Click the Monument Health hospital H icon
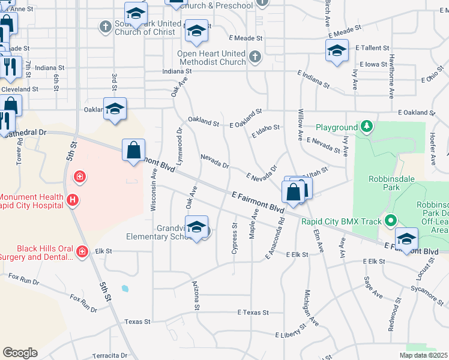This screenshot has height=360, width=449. pos(72,199)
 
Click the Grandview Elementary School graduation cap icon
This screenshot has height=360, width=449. pos(196,227)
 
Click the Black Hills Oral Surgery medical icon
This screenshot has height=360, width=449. pos(82,251)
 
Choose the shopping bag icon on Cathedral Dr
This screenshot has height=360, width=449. pos(134,150)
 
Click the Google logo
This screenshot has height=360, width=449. pos(20,353)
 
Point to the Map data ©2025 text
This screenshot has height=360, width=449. pos(424,355)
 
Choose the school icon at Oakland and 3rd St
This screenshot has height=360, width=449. pos(115,109)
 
